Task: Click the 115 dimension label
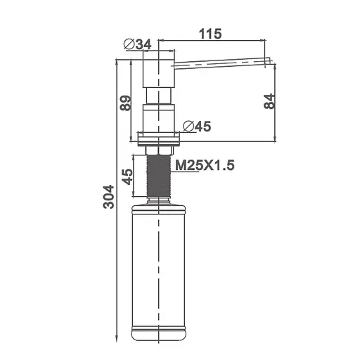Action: coord(210,34)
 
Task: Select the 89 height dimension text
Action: coord(126,103)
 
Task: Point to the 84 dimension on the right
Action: coord(268,101)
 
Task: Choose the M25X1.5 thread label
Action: coord(204,165)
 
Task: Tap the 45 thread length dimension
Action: coord(126,176)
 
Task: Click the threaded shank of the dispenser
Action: coord(159,176)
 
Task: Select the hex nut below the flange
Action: coord(159,148)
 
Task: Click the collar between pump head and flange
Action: coord(159,116)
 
